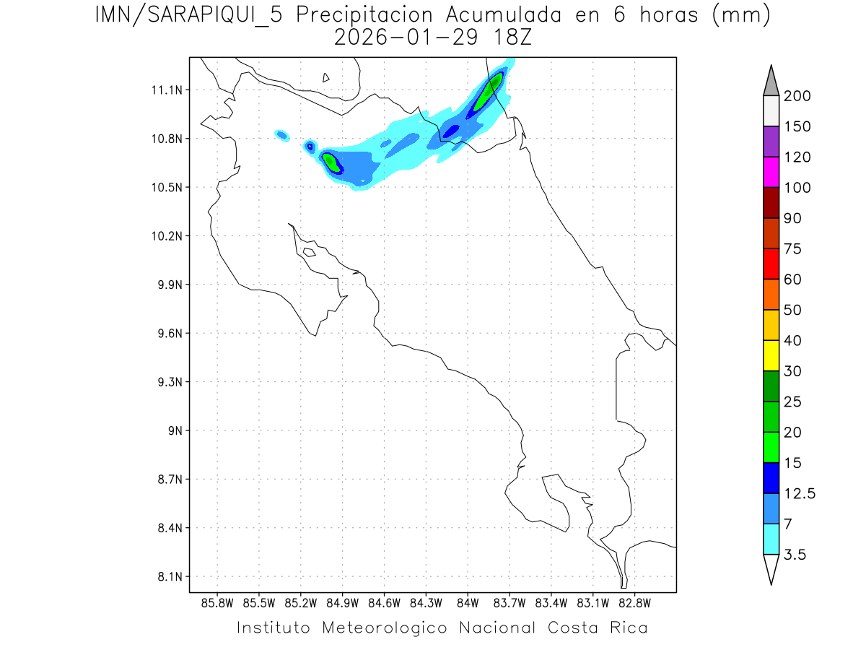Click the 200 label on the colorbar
[797, 96]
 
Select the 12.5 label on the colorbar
[800, 493]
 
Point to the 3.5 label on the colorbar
[796, 555]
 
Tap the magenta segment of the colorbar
[771, 172]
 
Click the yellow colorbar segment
[771, 355]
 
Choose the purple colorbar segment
[771, 142]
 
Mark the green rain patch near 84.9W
[331, 162]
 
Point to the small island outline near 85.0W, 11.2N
[326, 77]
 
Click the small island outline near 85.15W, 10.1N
[309, 252]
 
